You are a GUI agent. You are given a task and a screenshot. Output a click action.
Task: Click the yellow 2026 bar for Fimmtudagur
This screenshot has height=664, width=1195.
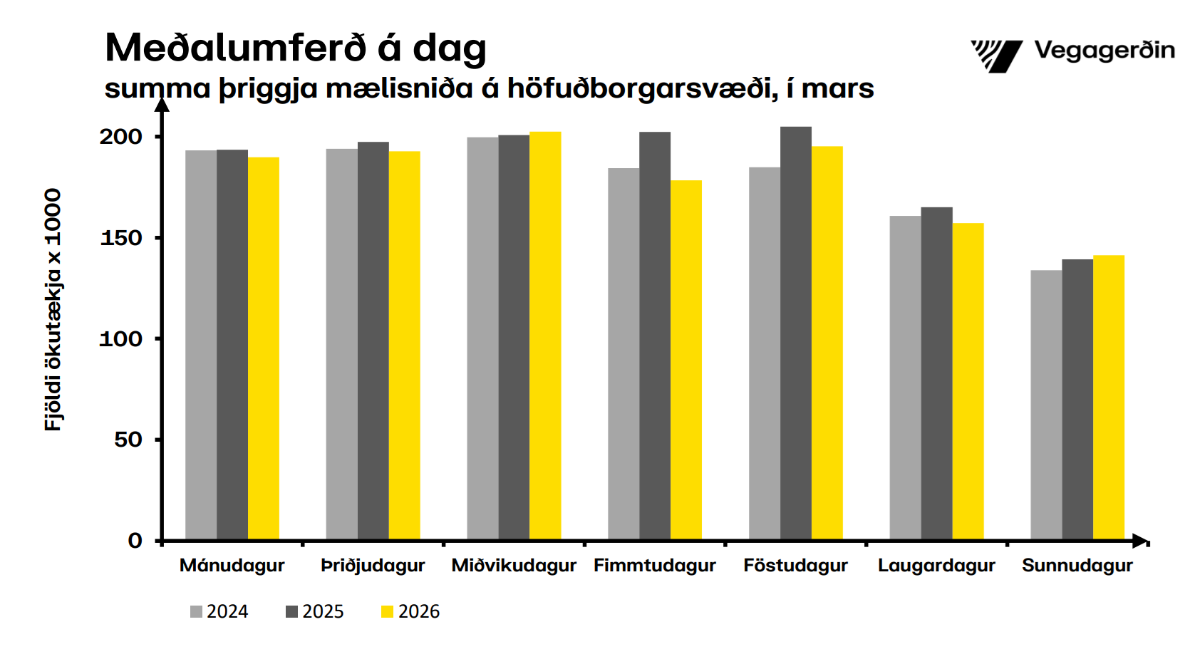point(686,360)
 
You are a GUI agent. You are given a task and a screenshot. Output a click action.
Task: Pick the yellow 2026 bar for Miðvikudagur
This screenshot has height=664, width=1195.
point(545,336)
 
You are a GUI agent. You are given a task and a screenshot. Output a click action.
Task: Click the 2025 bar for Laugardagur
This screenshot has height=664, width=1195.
point(936,373)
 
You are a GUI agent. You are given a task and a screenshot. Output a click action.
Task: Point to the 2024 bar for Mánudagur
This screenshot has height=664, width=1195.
point(201,345)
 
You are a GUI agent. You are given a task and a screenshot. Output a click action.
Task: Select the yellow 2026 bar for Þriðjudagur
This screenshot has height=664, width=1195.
point(404,346)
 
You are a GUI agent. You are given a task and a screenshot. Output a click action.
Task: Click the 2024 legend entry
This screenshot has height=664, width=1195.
point(219,612)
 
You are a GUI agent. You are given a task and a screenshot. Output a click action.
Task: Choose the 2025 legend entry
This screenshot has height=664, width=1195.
point(315,612)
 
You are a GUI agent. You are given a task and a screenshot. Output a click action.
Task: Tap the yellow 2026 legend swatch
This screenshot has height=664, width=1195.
point(387,612)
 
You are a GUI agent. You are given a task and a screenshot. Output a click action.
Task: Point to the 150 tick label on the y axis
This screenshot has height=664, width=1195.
point(121,238)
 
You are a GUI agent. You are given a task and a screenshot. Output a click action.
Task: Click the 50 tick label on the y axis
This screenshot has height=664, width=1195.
point(128,440)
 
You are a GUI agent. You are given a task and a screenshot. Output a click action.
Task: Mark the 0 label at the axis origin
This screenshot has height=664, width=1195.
point(135,541)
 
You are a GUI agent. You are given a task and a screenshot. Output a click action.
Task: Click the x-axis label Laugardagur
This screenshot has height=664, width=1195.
point(936,566)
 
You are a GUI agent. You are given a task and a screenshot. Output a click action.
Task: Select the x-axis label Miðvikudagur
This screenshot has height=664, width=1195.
point(514,566)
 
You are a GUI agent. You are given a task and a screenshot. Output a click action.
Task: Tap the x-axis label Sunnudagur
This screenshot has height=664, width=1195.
point(1077,566)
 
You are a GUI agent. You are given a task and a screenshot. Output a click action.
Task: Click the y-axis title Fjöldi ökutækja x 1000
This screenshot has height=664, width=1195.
point(53,310)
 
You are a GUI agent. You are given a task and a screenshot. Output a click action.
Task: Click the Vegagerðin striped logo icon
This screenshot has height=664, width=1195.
point(996,56)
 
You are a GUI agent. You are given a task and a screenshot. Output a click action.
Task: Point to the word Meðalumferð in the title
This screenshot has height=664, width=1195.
point(236,48)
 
